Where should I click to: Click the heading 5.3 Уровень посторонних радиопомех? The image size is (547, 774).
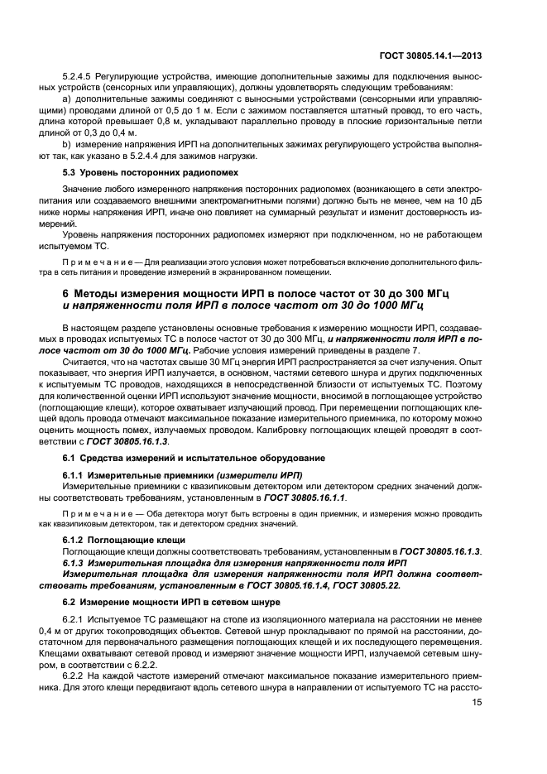[151, 173]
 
